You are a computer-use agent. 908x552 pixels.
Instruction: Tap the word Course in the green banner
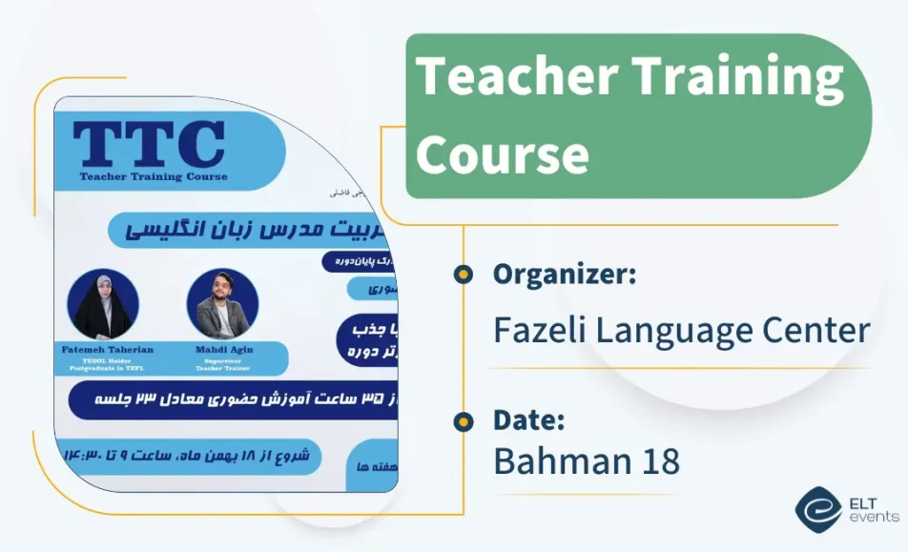[x=502, y=153]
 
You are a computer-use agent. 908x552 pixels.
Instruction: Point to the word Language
[x=671, y=331]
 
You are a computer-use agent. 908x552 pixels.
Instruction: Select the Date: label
[x=529, y=419]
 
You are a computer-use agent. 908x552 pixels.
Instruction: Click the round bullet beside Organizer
[x=464, y=275]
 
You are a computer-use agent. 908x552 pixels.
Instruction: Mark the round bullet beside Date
[x=464, y=420]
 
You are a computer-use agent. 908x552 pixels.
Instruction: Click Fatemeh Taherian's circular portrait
[x=103, y=304]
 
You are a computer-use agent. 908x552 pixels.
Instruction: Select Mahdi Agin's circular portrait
[x=222, y=304]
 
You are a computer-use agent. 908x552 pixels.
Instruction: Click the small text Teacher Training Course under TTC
[x=154, y=176]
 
